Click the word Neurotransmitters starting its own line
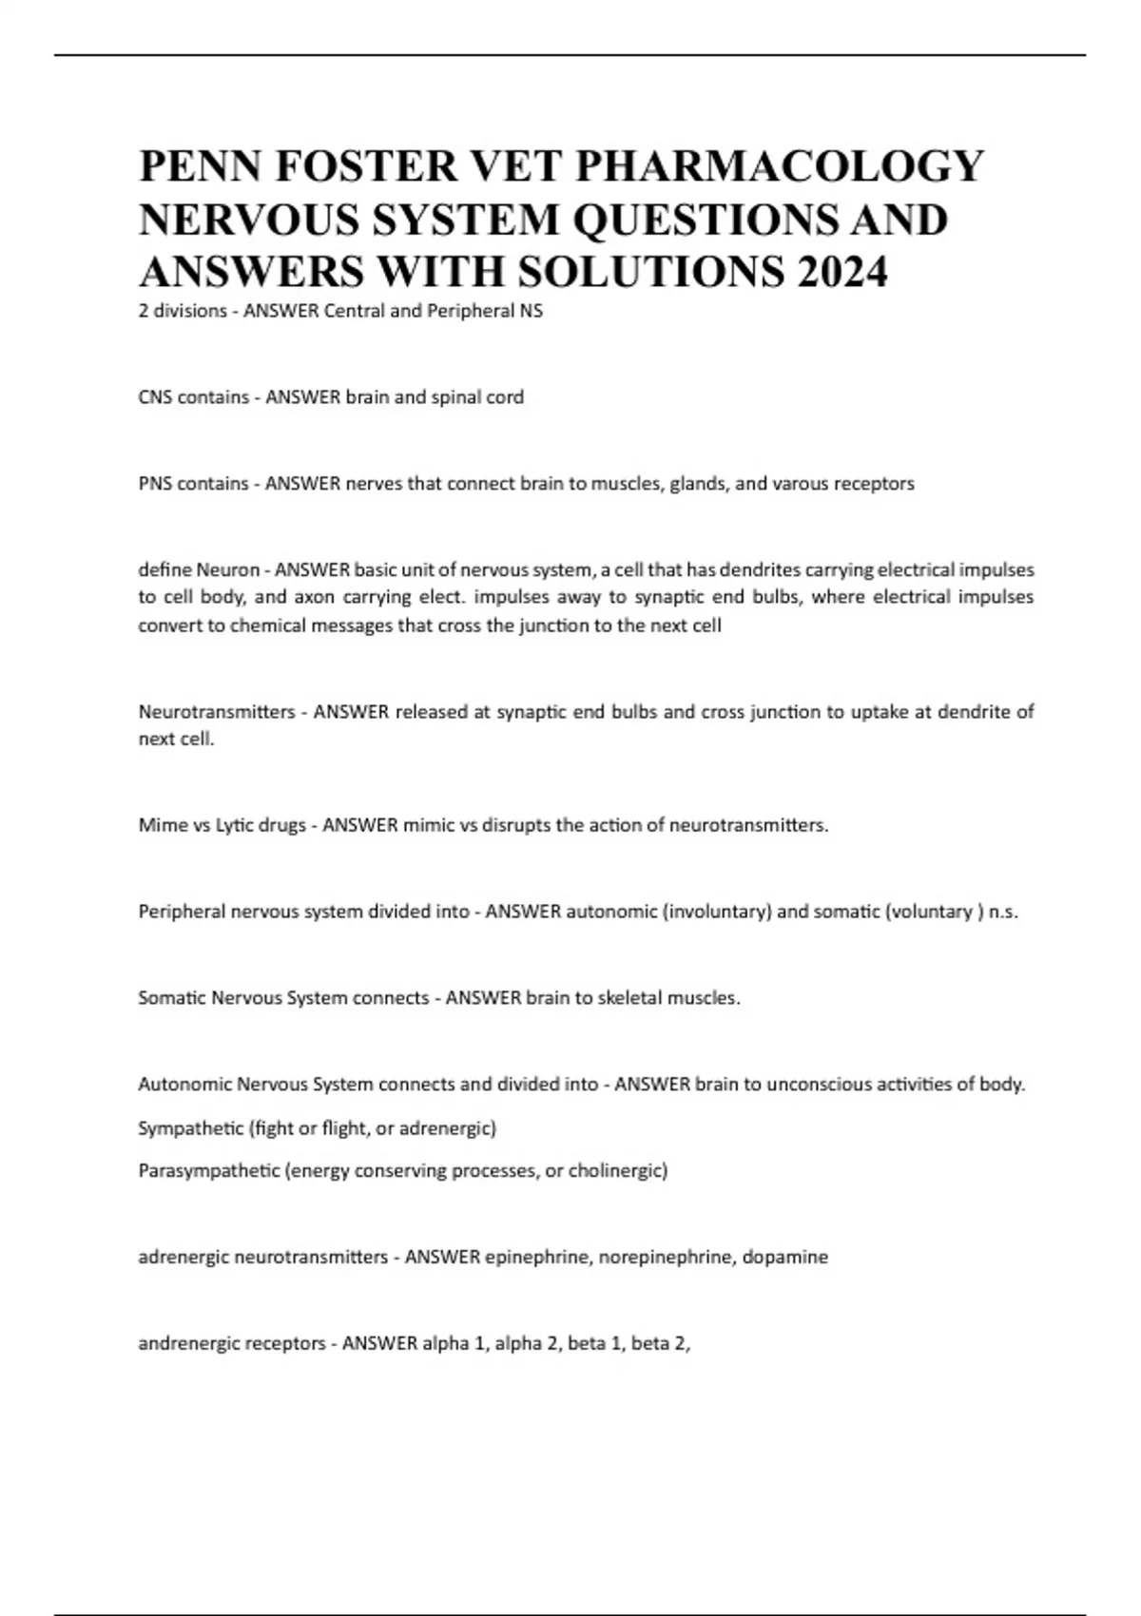pyautogui.click(x=217, y=712)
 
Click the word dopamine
pyautogui.click(x=785, y=1258)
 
